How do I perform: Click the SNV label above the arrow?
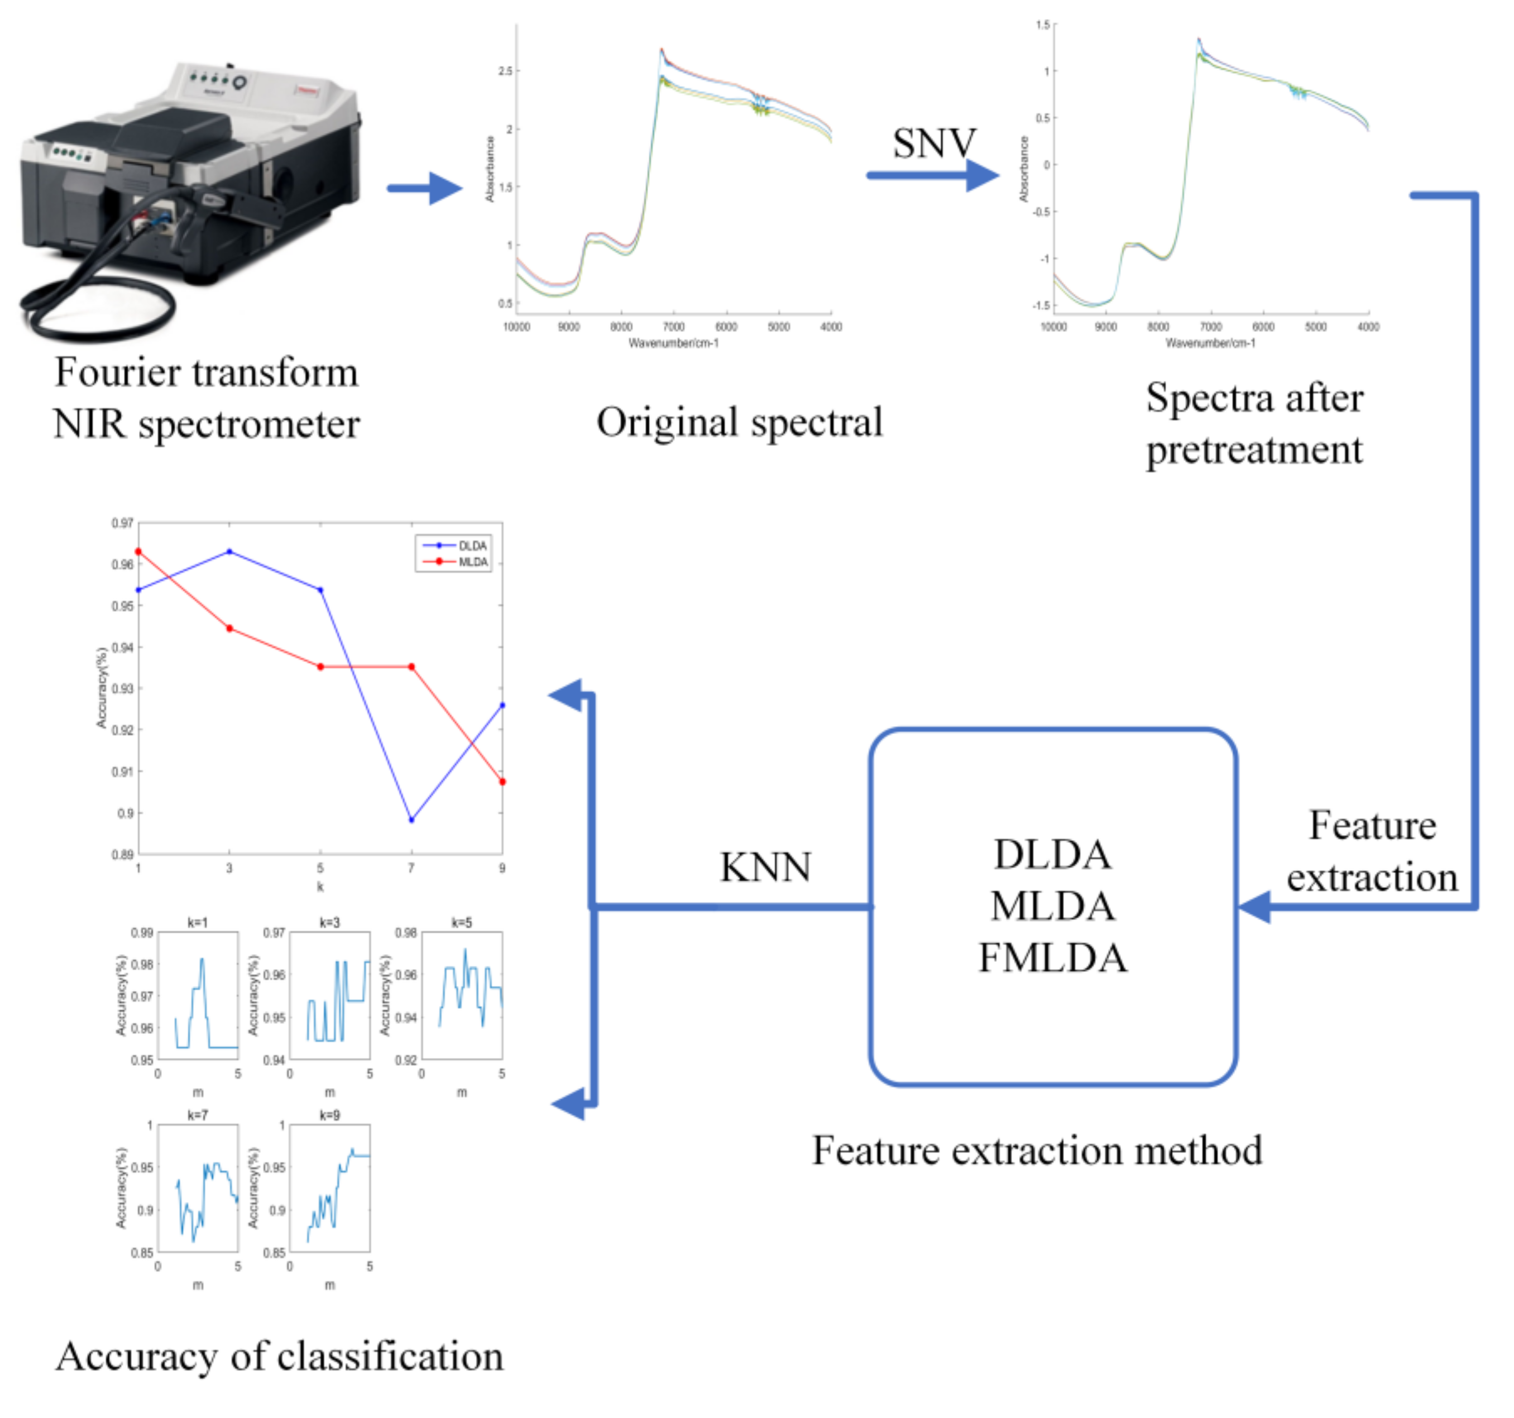tap(933, 143)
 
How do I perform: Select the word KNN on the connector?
tap(765, 866)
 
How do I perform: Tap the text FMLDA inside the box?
tap(1052, 957)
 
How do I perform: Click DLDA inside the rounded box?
tap(1052, 855)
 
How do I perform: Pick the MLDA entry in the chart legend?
tap(472, 562)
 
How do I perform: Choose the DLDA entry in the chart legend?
tap(472, 546)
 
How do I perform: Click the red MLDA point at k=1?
tap(138, 552)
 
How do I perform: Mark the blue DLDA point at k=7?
tap(411, 820)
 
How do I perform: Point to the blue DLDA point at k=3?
tap(229, 552)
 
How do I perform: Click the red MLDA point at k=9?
tap(502, 782)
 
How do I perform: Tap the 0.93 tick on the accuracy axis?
tap(122, 688)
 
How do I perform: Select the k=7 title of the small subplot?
tap(197, 1115)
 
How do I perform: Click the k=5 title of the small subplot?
tap(462, 922)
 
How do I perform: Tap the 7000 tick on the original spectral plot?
tap(673, 327)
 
